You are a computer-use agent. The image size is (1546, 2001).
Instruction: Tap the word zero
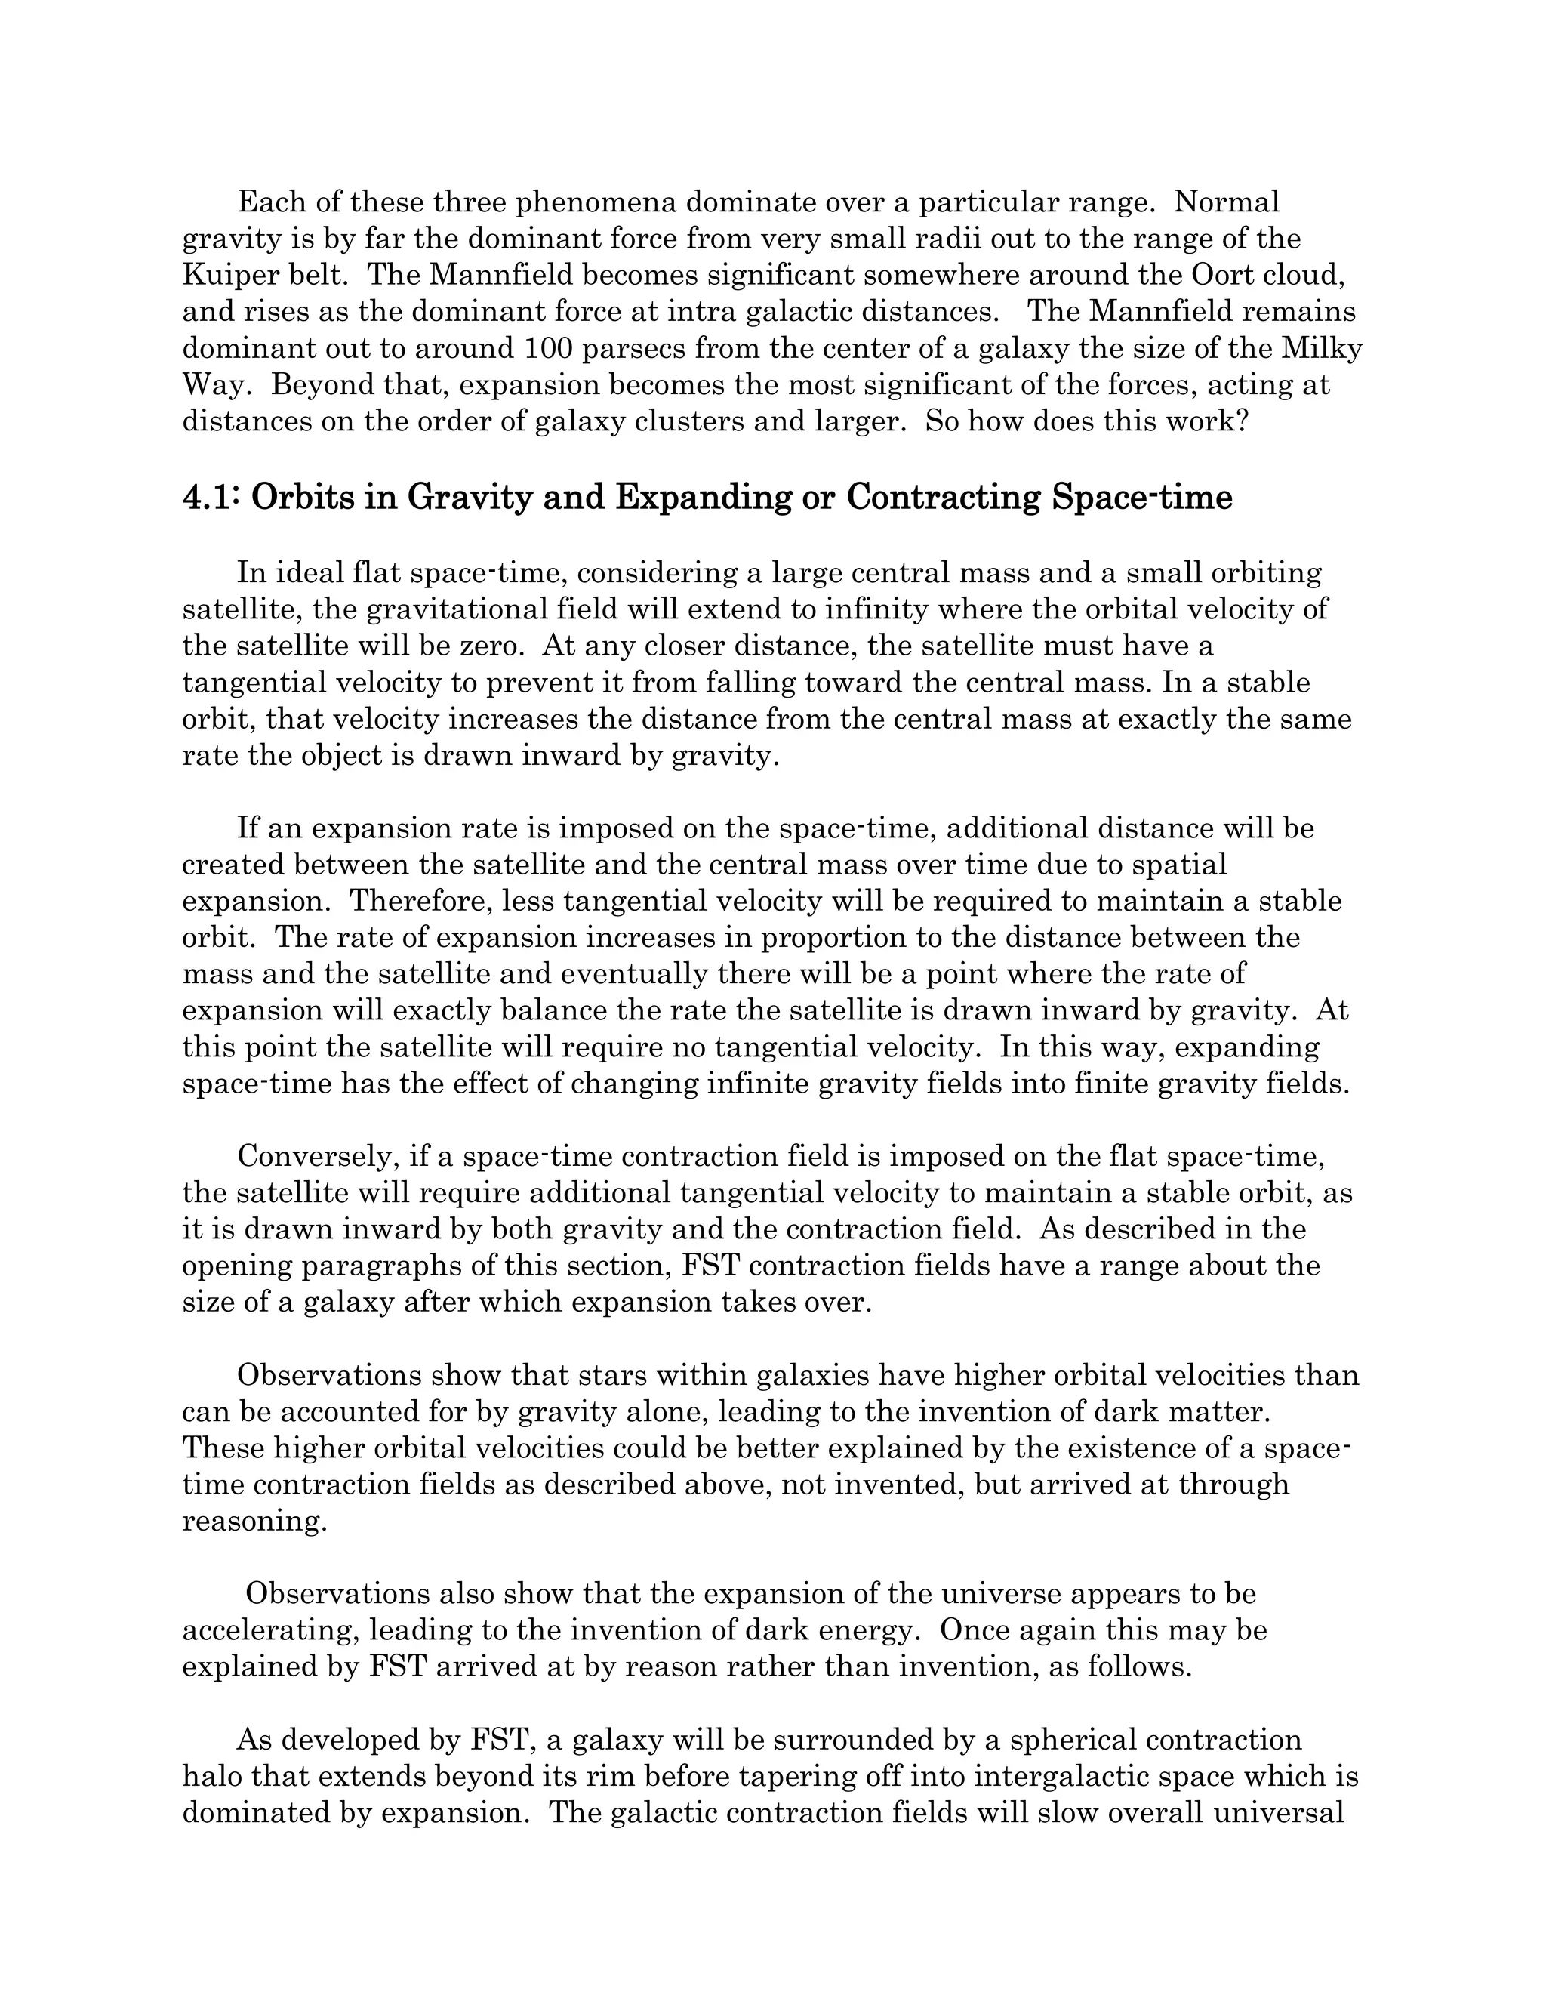490,646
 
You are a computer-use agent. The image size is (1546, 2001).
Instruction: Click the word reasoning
254,1522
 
